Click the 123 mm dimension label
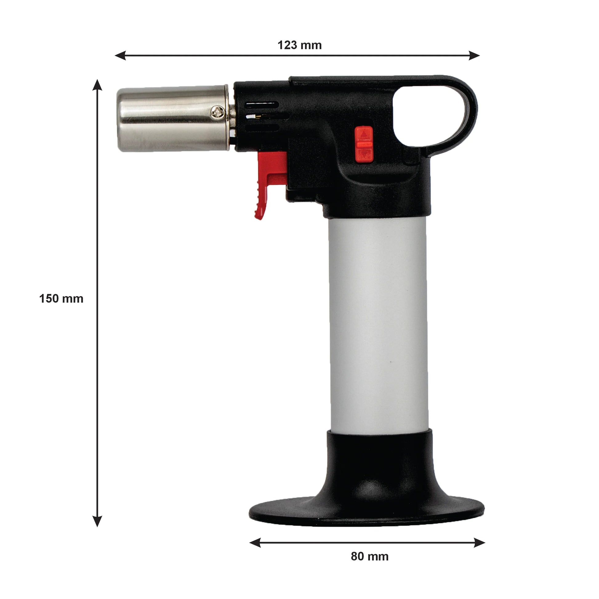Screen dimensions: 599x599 [x=299, y=45]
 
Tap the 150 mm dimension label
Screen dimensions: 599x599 [x=61, y=299]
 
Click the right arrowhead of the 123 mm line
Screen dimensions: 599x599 [x=474, y=56]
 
